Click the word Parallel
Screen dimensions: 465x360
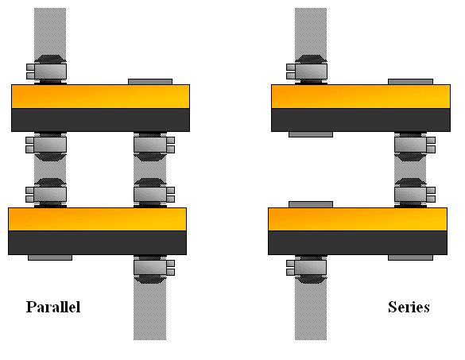click(x=53, y=307)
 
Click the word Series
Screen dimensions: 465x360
click(x=409, y=307)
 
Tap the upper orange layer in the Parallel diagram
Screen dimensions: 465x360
click(x=100, y=96)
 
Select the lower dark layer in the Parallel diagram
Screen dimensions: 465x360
click(x=97, y=242)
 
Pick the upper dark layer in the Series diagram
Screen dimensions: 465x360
click(x=361, y=120)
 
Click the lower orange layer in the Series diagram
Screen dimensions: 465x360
click(x=358, y=219)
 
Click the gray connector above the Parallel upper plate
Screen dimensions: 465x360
click(x=47, y=72)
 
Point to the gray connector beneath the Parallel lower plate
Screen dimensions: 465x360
click(x=154, y=268)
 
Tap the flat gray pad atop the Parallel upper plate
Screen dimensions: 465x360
click(x=150, y=82)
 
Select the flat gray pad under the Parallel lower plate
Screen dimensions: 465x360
click(x=50, y=257)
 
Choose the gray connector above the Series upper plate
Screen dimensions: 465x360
click(x=307, y=72)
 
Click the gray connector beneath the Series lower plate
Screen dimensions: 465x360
click(x=306, y=268)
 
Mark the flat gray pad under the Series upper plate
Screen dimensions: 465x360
click(x=311, y=134)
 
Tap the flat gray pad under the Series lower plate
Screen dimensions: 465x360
click(x=410, y=257)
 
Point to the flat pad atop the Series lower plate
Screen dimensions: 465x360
click(x=311, y=204)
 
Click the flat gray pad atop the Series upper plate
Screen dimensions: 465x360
click(x=410, y=82)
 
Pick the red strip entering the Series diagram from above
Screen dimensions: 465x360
click(x=311, y=33)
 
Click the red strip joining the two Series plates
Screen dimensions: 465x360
click(x=410, y=169)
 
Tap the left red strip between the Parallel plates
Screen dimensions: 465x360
click(x=50, y=169)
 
